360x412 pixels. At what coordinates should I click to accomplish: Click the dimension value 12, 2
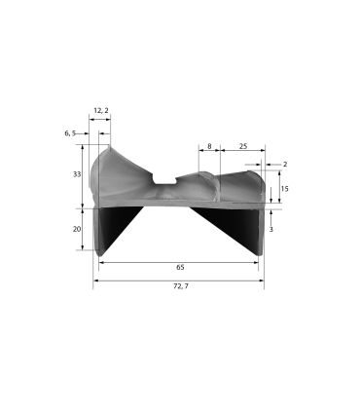pyautogui.click(x=101, y=110)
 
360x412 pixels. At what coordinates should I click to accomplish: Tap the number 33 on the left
pyautogui.click(x=76, y=174)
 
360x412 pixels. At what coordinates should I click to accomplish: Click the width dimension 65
pyautogui.click(x=180, y=266)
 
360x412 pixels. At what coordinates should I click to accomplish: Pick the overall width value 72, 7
pyautogui.click(x=180, y=288)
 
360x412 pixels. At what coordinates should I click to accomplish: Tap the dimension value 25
pyautogui.click(x=242, y=146)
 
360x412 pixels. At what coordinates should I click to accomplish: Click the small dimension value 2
pyautogui.click(x=284, y=165)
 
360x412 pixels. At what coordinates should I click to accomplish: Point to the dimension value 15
pyautogui.click(x=284, y=188)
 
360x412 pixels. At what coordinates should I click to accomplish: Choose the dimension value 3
pyautogui.click(x=270, y=229)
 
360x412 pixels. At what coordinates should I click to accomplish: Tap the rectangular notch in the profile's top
pyautogui.click(x=166, y=182)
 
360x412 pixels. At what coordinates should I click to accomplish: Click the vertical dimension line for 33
pyautogui.click(x=85, y=175)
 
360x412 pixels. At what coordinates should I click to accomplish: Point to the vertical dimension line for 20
pyautogui.click(x=85, y=229)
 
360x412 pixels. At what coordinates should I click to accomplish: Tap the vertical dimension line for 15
pyautogui.click(x=270, y=190)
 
